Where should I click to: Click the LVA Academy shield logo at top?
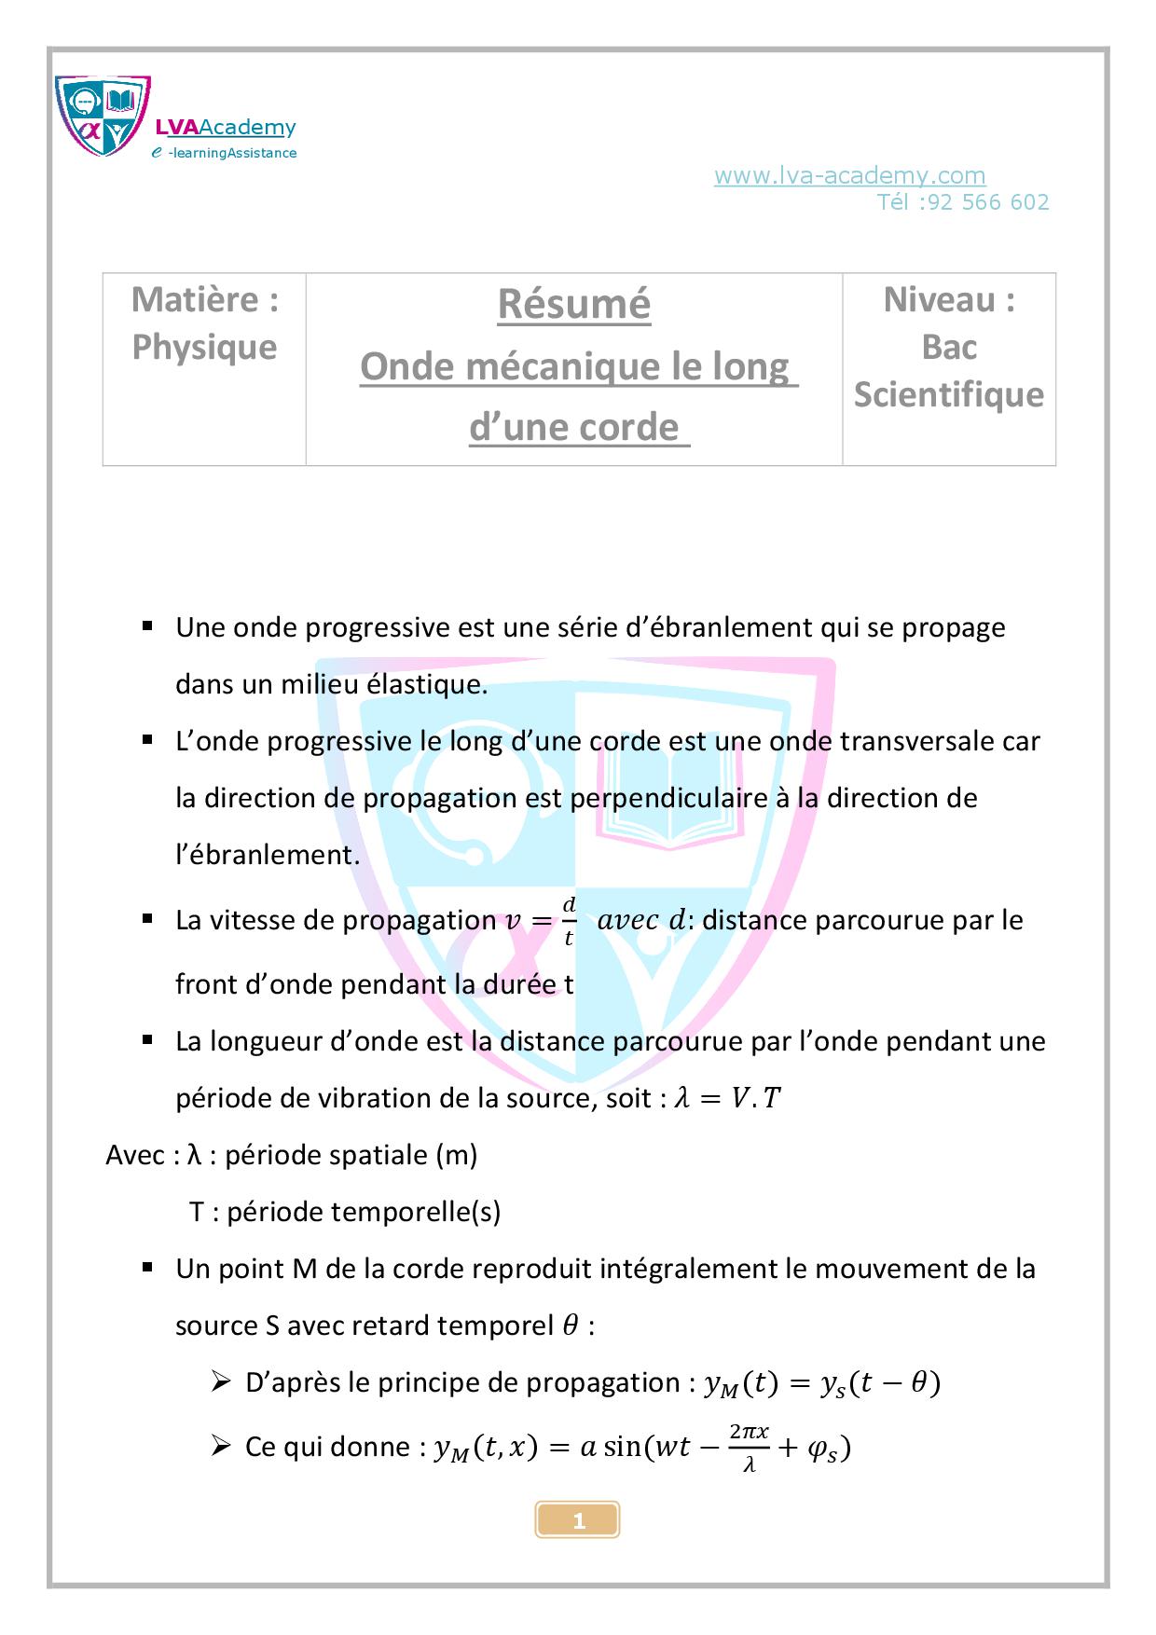103,117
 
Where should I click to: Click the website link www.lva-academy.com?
849,175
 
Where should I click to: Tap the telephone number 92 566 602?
987,202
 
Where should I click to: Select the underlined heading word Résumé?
573,304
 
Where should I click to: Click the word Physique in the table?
204,347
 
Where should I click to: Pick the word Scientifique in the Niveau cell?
948,394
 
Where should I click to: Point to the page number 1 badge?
578,1521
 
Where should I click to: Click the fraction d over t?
569,921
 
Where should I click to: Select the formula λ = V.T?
727,1099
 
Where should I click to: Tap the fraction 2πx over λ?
749,1447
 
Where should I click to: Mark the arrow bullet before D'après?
221,1381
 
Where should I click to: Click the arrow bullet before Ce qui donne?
221,1446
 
